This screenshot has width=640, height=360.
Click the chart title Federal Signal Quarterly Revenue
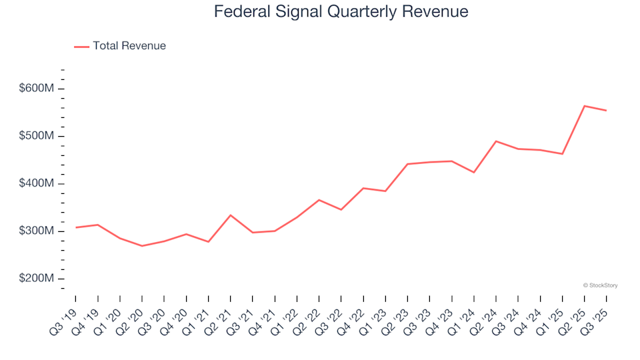[x=341, y=12]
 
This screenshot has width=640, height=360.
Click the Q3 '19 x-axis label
[x=65, y=315]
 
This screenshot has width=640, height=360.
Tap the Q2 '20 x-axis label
[x=131, y=315]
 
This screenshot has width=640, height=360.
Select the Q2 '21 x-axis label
[x=219, y=315]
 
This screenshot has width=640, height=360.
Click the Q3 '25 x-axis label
[x=595, y=315]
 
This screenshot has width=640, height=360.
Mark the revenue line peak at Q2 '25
[x=585, y=106]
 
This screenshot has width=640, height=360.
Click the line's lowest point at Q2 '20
[x=142, y=246]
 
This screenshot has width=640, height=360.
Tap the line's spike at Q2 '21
[x=231, y=215]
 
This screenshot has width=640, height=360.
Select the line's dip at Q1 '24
[x=474, y=173]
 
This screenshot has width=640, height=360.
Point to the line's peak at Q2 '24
[x=496, y=141]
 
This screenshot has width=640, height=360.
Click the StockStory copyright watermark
[x=600, y=285]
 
